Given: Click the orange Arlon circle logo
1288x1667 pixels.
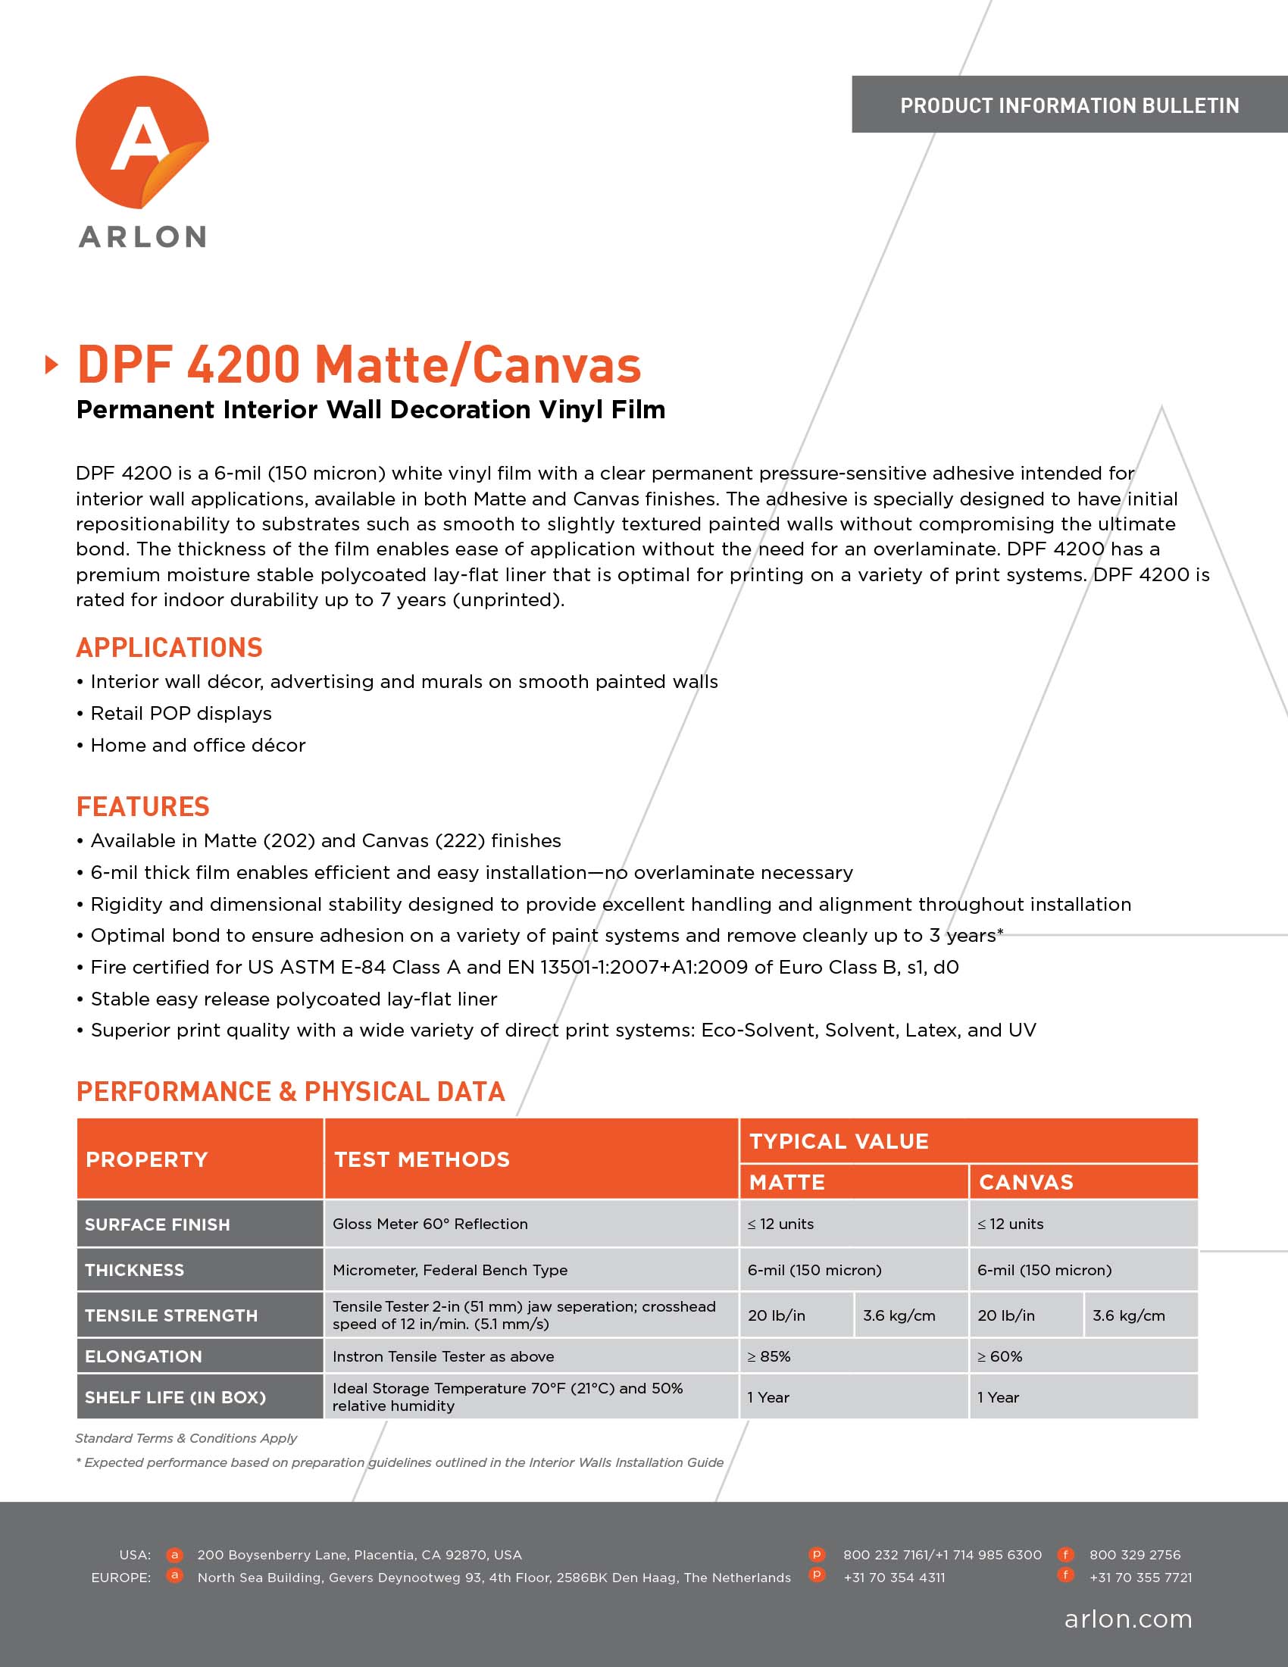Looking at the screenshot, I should coord(142,142).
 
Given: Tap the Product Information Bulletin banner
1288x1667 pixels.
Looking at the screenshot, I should coord(1069,105).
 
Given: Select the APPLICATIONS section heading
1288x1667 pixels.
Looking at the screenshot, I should coord(170,648).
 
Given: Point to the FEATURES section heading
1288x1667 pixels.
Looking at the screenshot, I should coord(142,807).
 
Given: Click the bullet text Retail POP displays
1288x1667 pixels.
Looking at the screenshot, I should coord(181,714).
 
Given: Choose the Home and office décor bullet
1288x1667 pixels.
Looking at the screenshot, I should coord(198,746).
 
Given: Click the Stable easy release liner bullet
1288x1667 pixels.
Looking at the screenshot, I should coord(294,999).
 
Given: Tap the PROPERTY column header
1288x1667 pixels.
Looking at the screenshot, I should coord(146,1159).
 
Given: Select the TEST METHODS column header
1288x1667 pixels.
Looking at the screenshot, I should coord(422,1159).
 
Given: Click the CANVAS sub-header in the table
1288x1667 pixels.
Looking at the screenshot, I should coord(1027,1182).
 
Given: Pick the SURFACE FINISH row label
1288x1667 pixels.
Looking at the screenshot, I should coord(157,1224).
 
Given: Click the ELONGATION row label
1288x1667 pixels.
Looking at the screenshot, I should coord(143,1356).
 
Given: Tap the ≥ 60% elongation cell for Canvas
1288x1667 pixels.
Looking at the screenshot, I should coord(999,1356).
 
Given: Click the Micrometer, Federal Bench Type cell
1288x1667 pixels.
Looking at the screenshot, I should coord(450,1270).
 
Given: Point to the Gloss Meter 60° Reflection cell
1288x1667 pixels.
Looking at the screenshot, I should coord(430,1224).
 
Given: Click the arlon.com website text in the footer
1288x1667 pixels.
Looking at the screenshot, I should coord(1128,1619).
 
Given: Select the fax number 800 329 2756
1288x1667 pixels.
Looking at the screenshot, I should coord(1135,1555).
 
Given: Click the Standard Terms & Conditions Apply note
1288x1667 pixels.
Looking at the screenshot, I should coord(186,1438).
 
